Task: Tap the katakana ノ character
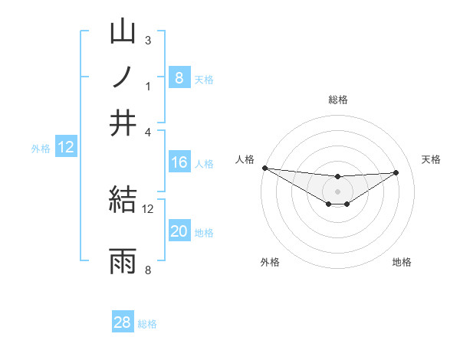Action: [x=123, y=77]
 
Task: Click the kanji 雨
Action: [x=123, y=261]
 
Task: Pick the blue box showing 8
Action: [x=179, y=77]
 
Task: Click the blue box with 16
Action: [x=179, y=162]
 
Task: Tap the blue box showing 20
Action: [x=179, y=232]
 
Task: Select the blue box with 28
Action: [x=123, y=322]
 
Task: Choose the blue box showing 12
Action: [x=66, y=148]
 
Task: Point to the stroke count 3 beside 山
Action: [x=148, y=40]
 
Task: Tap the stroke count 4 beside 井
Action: [x=148, y=132]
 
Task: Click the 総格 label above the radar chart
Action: [x=337, y=100]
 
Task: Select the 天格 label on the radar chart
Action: [x=431, y=159]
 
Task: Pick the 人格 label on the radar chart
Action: [x=245, y=159]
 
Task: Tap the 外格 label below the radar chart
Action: [x=270, y=262]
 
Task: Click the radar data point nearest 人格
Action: [x=264, y=168]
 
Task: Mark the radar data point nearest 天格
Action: [x=396, y=172]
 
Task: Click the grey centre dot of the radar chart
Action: [x=337, y=191]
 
